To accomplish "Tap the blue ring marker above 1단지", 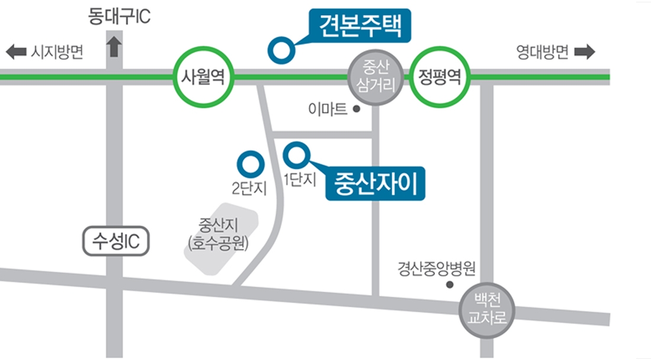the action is click(x=296, y=155).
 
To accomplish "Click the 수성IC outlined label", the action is click(x=115, y=242).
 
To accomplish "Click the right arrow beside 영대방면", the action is click(x=584, y=52).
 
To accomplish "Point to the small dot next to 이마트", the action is click(x=356, y=109).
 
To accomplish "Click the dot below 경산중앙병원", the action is click(x=449, y=285).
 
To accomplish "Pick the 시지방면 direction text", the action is click(x=57, y=53).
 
